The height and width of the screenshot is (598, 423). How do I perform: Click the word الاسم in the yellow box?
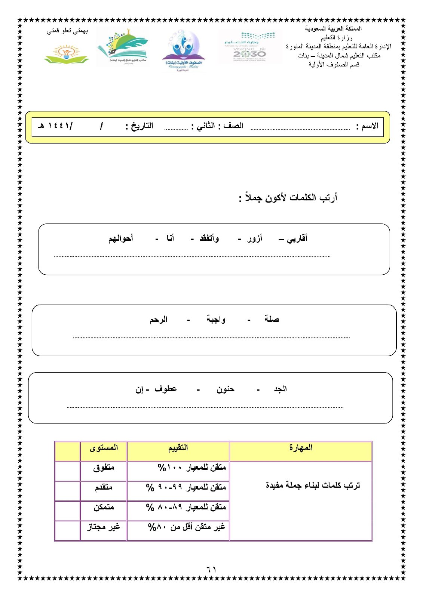pyautogui.click(x=370, y=126)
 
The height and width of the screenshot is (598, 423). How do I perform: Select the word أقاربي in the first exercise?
pyautogui.click(x=297, y=238)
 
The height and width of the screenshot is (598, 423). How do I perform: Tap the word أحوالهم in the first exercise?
pyautogui.click(x=121, y=238)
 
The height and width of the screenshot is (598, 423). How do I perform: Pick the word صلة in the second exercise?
pyautogui.click(x=272, y=319)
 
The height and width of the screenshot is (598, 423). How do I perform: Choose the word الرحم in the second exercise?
pyautogui.click(x=159, y=320)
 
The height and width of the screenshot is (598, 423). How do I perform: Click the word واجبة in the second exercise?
pyautogui.click(x=216, y=319)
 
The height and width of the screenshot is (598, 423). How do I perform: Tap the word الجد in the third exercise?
pyautogui.click(x=280, y=389)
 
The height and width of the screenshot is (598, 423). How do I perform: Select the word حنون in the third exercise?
pyautogui.click(x=225, y=389)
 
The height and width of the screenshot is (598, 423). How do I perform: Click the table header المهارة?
pyautogui.click(x=301, y=447)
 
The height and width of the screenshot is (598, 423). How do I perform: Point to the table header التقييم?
pyautogui.click(x=178, y=447)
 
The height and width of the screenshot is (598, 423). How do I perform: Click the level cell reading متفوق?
pyautogui.click(x=104, y=468)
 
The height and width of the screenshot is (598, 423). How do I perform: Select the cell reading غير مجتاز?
pyautogui.click(x=104, y=527)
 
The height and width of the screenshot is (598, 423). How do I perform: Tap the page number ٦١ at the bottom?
pyautogui.click(x=211, y=569)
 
